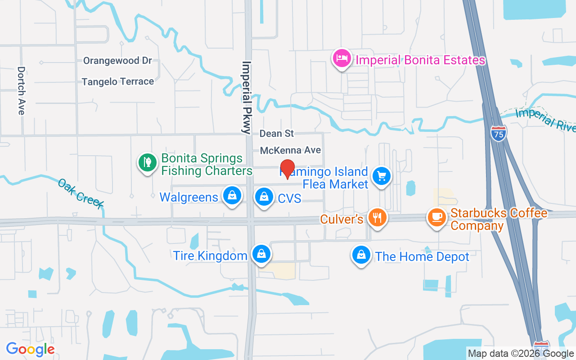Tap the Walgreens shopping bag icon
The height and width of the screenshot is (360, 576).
tap(232, 196)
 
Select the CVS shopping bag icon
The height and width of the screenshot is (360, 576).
tap(264, 197)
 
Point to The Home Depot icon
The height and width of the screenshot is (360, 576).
tap(361, 255)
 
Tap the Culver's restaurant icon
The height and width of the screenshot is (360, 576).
tap(377, 218)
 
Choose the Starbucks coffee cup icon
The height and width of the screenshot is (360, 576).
tap(436, 217)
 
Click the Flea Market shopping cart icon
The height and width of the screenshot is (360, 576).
tap(382, 176)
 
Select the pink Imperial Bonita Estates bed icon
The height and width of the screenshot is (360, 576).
tap(342, 58)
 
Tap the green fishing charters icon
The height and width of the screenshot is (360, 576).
tap(147, 162)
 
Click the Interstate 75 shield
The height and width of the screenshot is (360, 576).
tap(499, 132)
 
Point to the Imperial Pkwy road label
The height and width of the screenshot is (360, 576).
tap(246, 98)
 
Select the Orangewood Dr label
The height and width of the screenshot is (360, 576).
tap(117, 61)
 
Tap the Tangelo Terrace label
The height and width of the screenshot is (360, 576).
tap(118, 81)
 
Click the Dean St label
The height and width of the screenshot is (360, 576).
tap(277, 134)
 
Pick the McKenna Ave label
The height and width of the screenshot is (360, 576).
tap(291, 150)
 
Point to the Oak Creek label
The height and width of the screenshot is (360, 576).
tap(81, 194)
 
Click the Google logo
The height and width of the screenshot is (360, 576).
tap(30, 349)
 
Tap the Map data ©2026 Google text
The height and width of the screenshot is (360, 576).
tap(521, 354)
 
